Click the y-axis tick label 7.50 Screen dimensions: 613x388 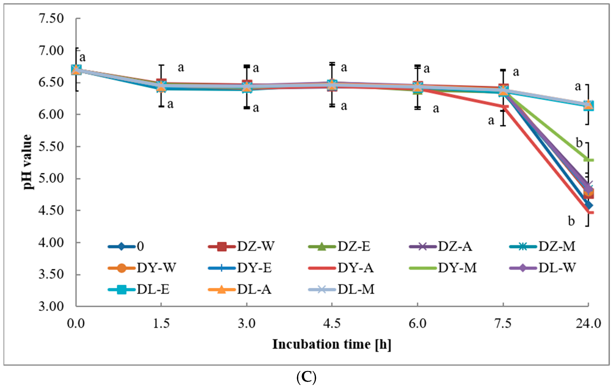click(51, 18)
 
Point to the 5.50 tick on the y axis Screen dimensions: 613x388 click(51, 147)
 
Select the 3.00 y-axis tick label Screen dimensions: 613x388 click(51, 306)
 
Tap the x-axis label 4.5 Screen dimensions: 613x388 click(332, 323)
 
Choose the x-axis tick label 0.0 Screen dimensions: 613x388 click(76, 323)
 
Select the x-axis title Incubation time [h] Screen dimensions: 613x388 click(332, 344)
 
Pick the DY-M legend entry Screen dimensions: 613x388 click(443, 268)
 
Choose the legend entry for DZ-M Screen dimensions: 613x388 click(543, 246)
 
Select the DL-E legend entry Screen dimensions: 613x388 click(139, 289)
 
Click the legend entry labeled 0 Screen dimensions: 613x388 click(126, 246)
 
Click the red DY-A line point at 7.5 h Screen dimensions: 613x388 click(503, 106)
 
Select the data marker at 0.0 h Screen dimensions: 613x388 click(76, 69)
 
